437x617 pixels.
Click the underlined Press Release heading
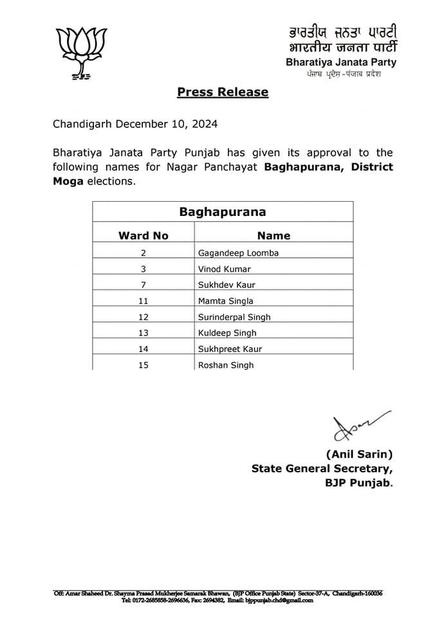(223, 92)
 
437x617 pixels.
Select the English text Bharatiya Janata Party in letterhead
(341, 62)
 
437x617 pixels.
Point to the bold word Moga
(68, 181)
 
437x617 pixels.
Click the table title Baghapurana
(222, 211)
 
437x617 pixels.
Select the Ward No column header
(144, 235)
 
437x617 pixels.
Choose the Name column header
(274, 235)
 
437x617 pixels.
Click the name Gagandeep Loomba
(237, 253)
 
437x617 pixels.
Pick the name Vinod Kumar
(225, 269)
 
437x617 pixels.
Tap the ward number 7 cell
(143, 285)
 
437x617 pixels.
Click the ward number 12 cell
(143, 317)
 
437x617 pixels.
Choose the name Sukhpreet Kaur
(230, 349)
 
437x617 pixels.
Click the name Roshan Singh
(225, 365)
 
